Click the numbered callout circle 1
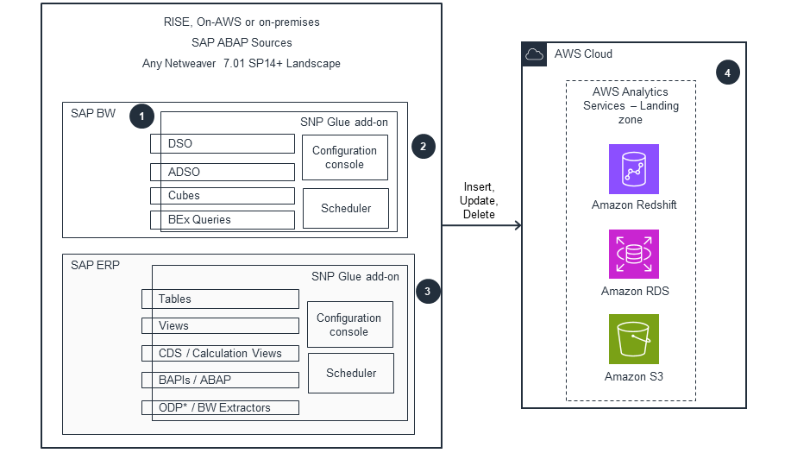pyautogui.click(x=141, y=116)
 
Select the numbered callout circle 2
pyautogui.click(x=423, y=146)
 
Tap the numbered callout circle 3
pyautogui.click(x=427, y=291)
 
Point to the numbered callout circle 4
pyautogui.click(x=727, y=73)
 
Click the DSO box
pyautogui.click(x=222, y=143)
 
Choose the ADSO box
pyautogui.click(x=222, y=172)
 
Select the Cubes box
pyautogui.click(x=222, y=196)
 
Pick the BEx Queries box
pyautogui.click(x=222, y=219)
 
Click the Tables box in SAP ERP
pyautogui.click(x=220, y=299)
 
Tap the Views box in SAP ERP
pyautogui.click(x=220, y=326)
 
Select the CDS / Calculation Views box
pyautogui.click(x=220, y=353)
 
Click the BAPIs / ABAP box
pyautogui.click(x=220, y=380)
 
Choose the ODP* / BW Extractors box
pyautogui.click(x=220, y=407)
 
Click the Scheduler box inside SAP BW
pyautogui.click(x=345, y=208)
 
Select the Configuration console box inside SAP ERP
pyautogui.click(x=349, y=324)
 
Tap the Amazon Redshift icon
pyautogui.click(x=634, y=169)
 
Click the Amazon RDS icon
pyautogui.click(x=634, y=255)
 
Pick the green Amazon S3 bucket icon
pyautogui.click(x=634, y=339)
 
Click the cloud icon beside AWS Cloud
pyautogui.click(x=534, y=54)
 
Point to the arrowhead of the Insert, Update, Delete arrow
pyautogui.click(x=518, y=226)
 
